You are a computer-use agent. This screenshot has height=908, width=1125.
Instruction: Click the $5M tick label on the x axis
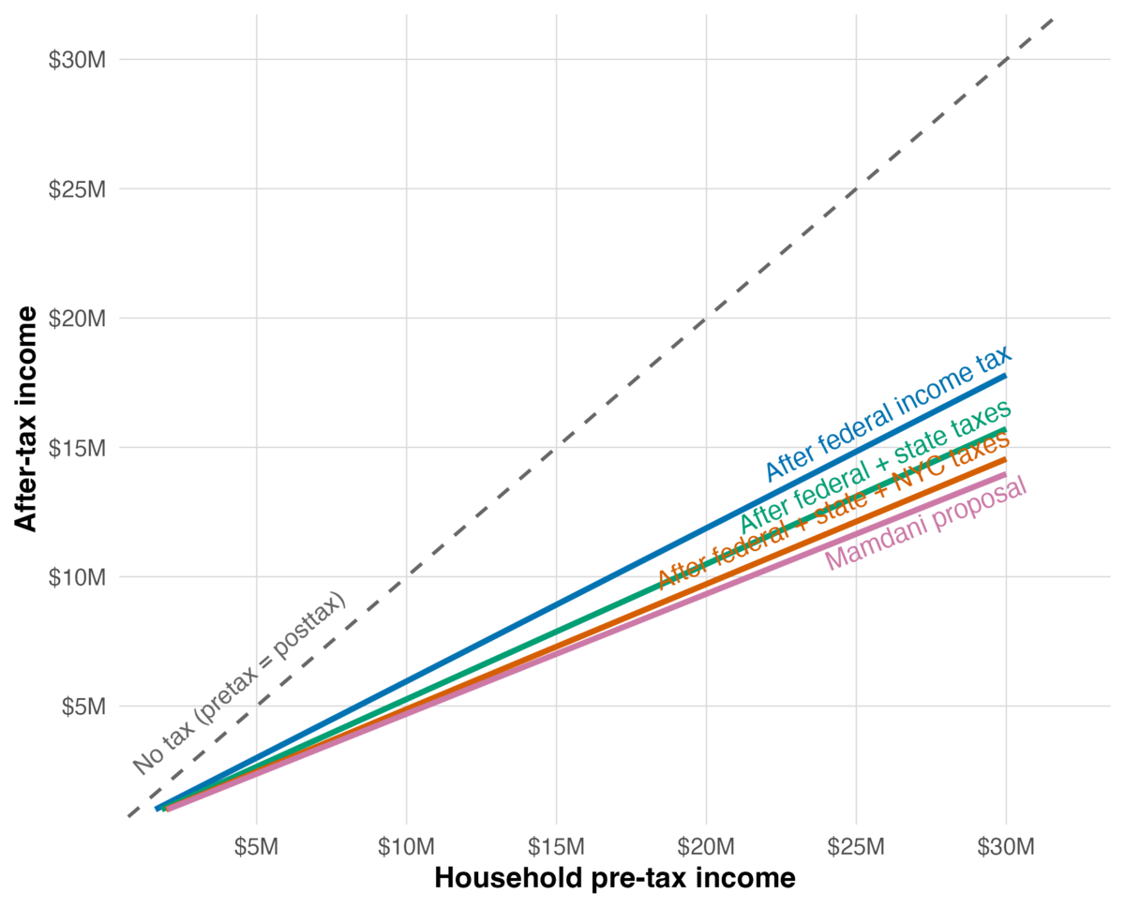pyautogui.click(x=257, y=848)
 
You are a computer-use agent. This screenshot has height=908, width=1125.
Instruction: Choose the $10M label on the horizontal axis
pyautogui.click(x=406, y=848)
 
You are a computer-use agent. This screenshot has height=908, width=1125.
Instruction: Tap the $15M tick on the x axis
pyautogui.click(x=556, y=848)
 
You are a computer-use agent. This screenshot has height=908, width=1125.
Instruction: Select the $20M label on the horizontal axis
pyautogui.click(x=706, y=848)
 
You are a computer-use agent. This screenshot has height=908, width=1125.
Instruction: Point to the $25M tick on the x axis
pyautogui.click(x=856, y=848)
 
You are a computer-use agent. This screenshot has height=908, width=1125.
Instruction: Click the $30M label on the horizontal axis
pyautogui.click(x=1006, y=848)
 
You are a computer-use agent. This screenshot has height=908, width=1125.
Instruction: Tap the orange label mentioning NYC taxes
pyautogui.click(x=834, y=511)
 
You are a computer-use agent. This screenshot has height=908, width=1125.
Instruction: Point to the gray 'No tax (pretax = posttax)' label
pyautogui.click(x=239, y=684)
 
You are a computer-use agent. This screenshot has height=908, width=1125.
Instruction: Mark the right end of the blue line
pyautogui.click(x=1005, y=376)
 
